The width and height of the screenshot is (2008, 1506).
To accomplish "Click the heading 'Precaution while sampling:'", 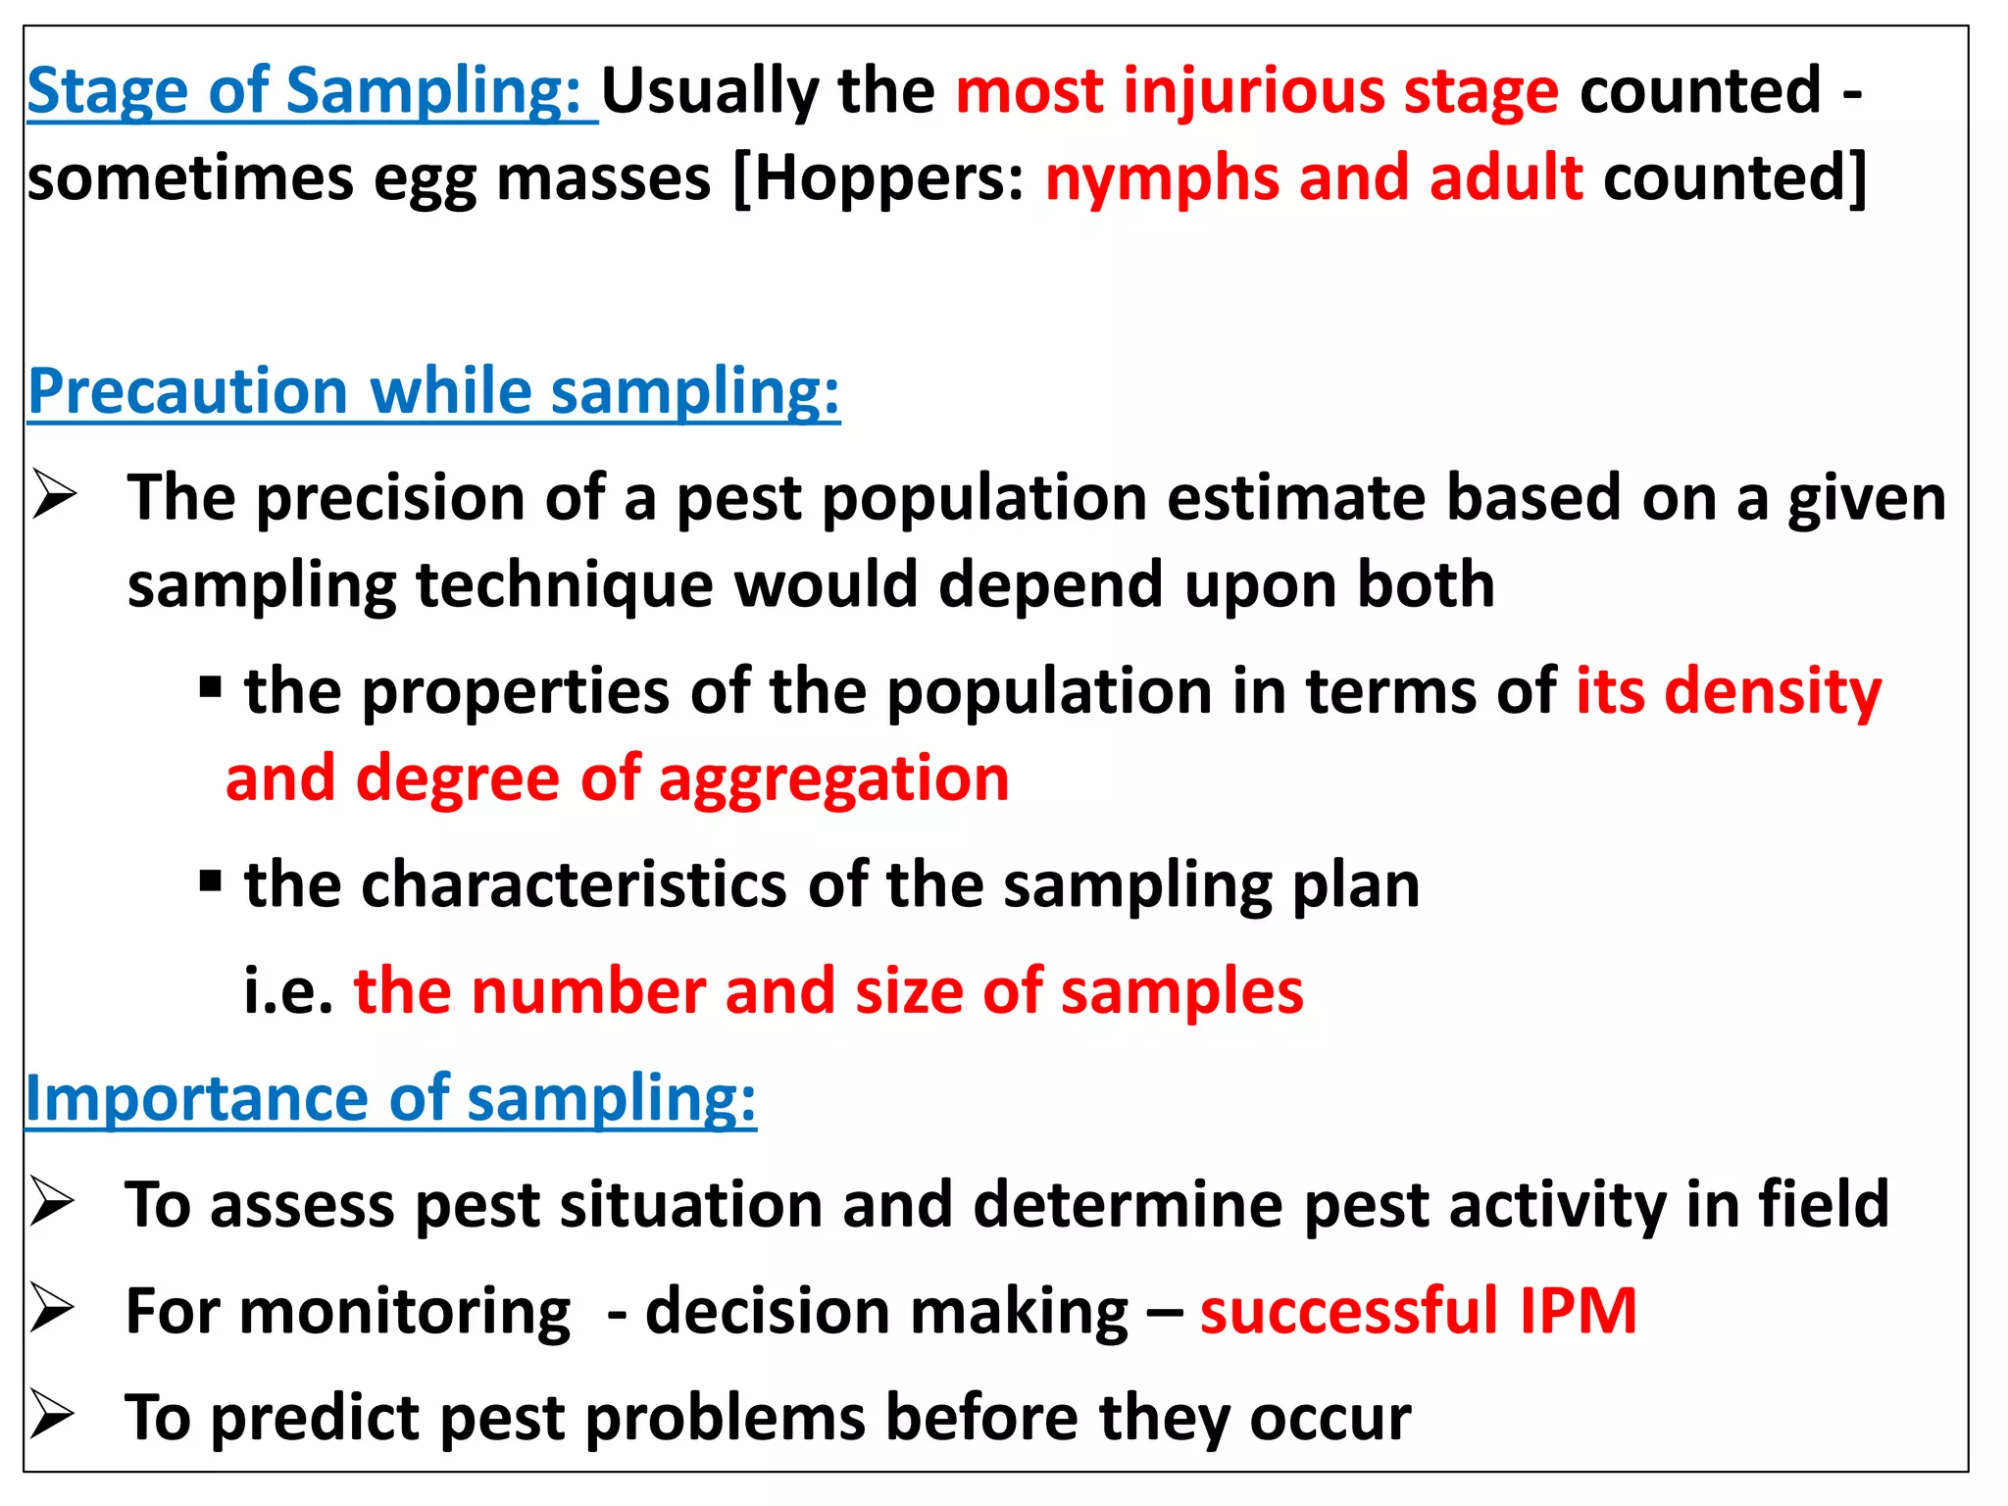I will [x=433, y=392].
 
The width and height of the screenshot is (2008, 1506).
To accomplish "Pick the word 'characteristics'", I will [x=574, y=884].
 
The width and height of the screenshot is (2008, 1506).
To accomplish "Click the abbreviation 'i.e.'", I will [x=289, y=991].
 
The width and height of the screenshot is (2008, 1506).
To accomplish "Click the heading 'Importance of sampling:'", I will [x=390, y=1098].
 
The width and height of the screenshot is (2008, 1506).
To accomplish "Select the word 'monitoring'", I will [x=405, y=1312].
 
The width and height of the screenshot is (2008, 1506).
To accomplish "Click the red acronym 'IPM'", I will [x=1578, y=1311].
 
